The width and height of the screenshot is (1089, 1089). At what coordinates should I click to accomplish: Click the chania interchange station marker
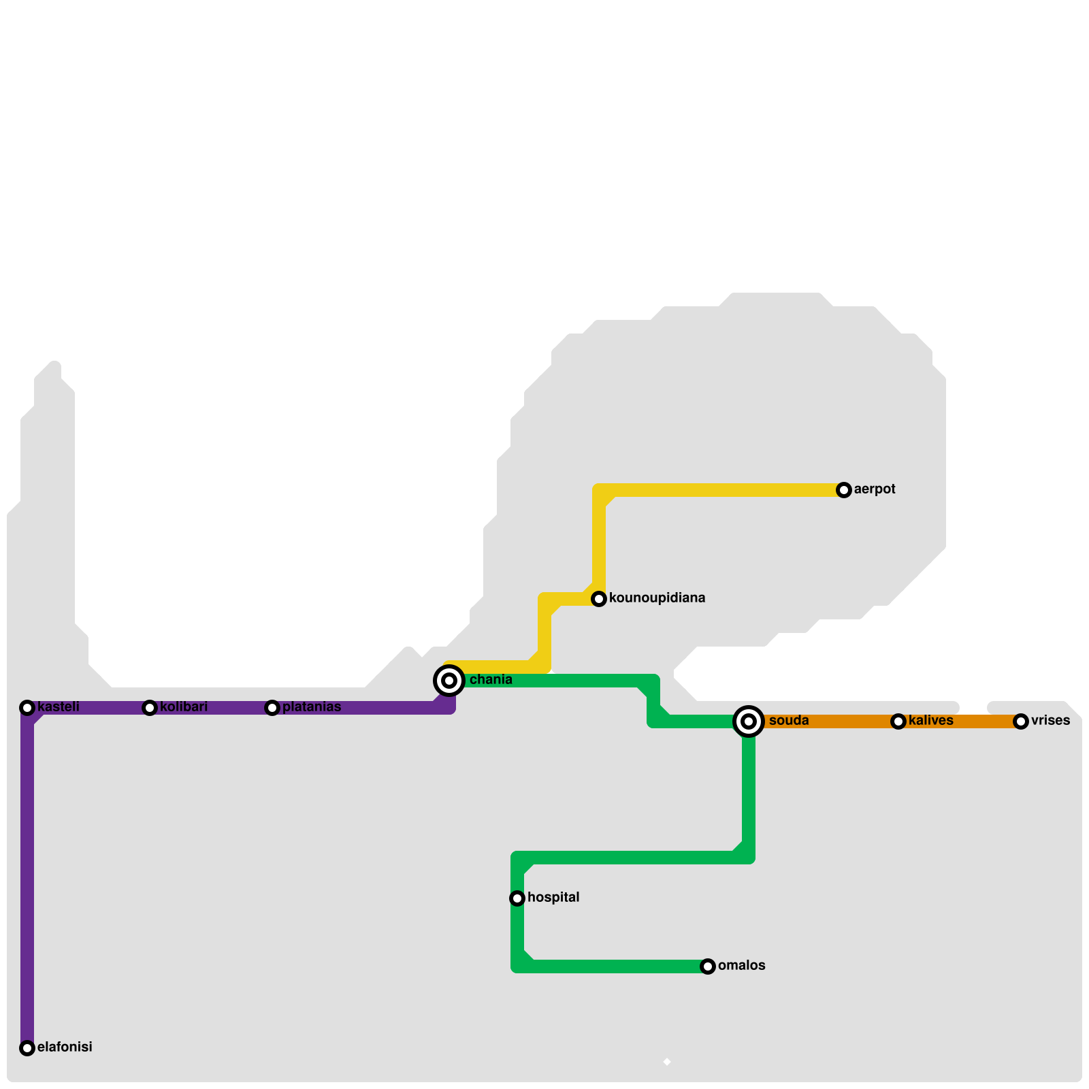449,681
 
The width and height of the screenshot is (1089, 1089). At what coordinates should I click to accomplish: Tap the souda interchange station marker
749,721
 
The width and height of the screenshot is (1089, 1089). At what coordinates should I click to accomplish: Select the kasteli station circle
27,708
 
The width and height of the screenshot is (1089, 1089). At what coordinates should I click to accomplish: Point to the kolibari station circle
150,708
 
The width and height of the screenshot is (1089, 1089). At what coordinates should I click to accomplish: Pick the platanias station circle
272,708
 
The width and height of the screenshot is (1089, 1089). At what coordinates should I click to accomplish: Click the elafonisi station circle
27,1048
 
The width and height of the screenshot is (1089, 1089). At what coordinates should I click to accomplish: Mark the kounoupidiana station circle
599,599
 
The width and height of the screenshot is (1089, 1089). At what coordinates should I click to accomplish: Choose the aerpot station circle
844,490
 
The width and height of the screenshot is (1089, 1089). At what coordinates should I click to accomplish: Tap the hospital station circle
517,898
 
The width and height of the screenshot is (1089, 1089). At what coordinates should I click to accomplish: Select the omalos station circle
708,966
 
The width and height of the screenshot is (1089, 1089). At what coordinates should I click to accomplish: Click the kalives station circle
898,721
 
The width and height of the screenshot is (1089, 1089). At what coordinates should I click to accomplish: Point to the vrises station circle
1020,721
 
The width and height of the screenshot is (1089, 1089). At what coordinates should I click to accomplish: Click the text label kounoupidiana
657,598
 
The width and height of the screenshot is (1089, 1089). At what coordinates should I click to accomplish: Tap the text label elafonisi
65,1047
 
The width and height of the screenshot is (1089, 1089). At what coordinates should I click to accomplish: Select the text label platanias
312,707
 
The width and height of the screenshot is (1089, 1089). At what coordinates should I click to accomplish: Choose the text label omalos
742,966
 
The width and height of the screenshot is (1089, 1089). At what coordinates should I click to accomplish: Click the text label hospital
553,898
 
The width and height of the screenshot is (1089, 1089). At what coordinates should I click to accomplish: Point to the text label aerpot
875,489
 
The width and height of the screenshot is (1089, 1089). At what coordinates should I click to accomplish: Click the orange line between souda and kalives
824,721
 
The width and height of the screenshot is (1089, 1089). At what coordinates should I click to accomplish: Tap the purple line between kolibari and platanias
211,708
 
